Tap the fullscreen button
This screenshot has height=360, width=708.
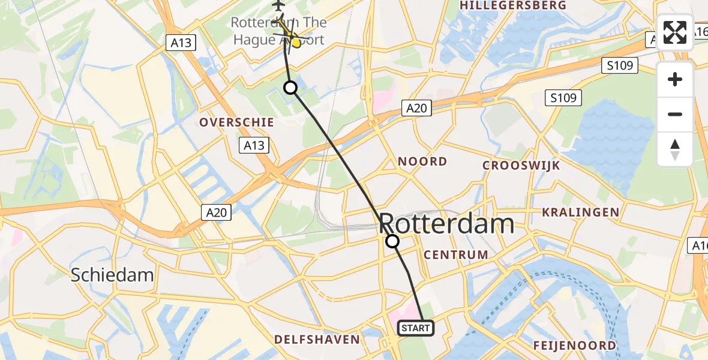[675, 32]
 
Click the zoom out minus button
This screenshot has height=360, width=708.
[675, 114]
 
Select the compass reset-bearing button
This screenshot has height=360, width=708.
[675, 149]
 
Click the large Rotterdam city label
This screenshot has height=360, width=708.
[446, 224]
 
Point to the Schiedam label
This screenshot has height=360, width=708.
[112, 275]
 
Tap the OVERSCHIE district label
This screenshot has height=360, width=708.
[236, 122]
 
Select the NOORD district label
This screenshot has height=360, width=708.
[423, 161]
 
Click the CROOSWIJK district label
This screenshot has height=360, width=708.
[521, 165]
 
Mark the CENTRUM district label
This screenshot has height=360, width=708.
[455, 254]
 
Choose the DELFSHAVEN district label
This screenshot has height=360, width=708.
[317, 340]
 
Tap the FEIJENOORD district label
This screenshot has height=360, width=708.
[574, 346]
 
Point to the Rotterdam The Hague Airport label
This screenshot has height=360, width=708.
[279, 31]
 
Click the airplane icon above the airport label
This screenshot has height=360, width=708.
[278, 5]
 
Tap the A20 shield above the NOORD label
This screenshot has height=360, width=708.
[416, 108]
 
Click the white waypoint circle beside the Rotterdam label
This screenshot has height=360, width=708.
[392, 241]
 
